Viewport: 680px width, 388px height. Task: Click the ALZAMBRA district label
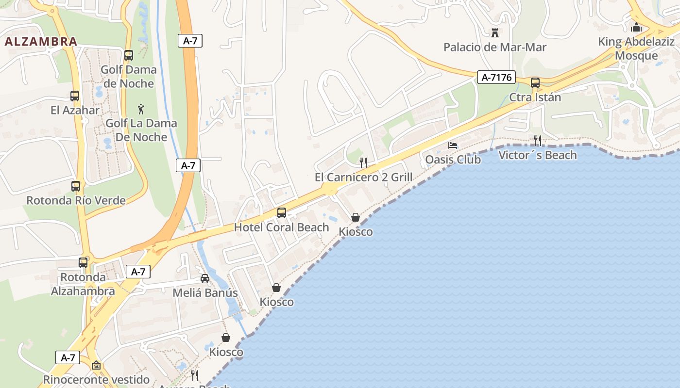41,42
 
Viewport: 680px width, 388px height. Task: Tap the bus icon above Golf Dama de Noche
129,55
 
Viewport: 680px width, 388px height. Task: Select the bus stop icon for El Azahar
75,96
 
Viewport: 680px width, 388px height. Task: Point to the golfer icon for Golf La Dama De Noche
141,109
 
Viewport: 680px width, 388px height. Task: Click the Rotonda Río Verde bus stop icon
76,186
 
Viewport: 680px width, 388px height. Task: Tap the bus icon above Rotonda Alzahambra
83,263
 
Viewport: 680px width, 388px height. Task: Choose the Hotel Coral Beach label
281,227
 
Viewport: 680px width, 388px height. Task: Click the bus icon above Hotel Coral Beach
281,212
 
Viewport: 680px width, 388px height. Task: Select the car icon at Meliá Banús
205,278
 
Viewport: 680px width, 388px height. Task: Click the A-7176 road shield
496,77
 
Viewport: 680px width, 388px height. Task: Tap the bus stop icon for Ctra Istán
535,83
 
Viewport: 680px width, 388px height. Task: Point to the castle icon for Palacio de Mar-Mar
495,33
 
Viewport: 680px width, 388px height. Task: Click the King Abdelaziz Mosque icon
636,27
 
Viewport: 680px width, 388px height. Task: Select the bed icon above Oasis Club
453,145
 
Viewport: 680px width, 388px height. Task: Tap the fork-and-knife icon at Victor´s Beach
537,141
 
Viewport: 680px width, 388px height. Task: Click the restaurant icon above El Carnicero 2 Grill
363,162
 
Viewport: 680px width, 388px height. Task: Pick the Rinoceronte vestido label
96,379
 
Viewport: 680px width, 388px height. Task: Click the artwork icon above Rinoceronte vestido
96,365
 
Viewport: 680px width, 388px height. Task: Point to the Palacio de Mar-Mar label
495,47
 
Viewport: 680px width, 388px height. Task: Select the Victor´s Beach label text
537,155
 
